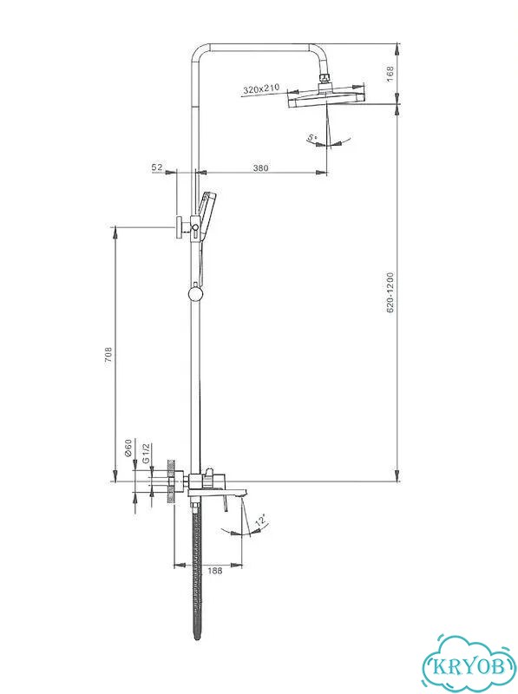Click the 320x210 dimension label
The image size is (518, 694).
[261, 89]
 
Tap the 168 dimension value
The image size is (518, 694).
[390, 74]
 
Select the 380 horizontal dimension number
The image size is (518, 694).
[261, 167]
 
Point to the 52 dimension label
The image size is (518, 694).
[157, 167]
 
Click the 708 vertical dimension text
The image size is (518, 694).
[108, 355]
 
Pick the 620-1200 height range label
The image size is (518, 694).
[390, 292]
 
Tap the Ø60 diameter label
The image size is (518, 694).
[128, 448]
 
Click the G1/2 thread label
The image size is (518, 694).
[147, 453]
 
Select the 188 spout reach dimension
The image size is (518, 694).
[214, 571]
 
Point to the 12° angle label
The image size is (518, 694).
[262, 520]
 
